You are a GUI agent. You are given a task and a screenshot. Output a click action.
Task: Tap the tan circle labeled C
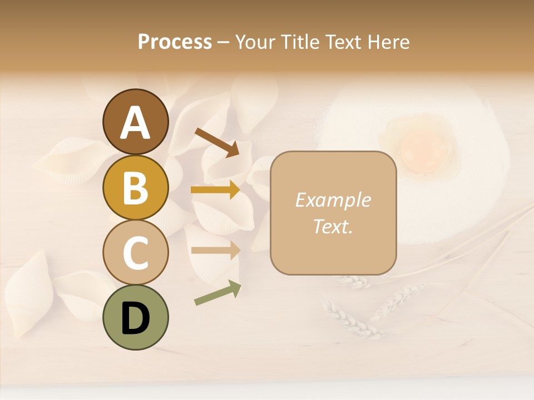135,253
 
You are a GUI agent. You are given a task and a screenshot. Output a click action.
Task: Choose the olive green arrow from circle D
217,294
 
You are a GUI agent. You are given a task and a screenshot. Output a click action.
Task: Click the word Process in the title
175,42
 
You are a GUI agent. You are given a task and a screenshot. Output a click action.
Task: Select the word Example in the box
333,200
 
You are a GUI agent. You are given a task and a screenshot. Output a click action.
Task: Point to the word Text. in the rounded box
333,227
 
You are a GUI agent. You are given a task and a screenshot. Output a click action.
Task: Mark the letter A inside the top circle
135,122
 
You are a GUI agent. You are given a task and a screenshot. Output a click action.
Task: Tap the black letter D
135,318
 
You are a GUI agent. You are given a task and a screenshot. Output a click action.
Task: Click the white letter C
135,253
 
